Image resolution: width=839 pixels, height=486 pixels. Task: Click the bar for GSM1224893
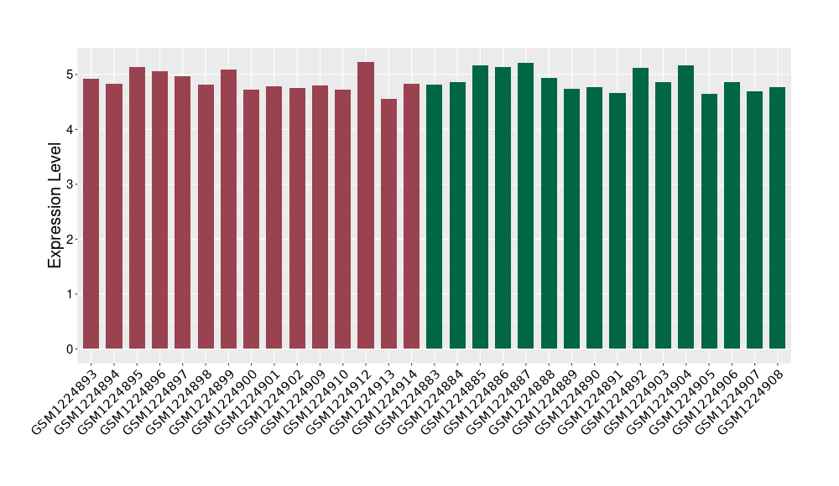click(91, 214)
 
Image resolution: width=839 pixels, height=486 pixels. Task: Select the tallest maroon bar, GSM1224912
click(366, 205)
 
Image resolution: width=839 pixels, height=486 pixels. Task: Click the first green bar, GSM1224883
click(434, 217)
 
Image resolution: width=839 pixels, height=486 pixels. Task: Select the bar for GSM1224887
click(525, 206)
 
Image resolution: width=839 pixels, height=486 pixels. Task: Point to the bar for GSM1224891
click(618, 221)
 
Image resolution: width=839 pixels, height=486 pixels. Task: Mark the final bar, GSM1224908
click(778, 218)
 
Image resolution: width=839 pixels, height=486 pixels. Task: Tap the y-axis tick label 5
click(73, 75)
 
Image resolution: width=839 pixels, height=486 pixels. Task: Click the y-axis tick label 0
click(73, 349)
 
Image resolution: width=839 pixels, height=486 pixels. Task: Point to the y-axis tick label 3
click(73, 184)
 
